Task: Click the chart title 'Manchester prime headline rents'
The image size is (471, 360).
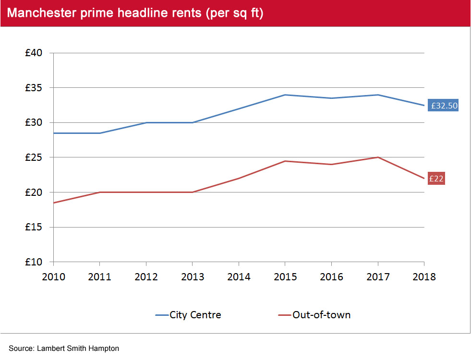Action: point(135,13)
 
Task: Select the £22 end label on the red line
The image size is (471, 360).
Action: point(436,179)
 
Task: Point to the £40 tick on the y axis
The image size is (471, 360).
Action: point(35,53)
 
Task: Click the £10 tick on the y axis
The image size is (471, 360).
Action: point(35,262)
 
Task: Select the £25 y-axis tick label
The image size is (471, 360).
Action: point(35,157)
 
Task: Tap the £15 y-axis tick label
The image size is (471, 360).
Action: point(35,227)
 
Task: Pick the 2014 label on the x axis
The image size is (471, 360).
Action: point(239,277)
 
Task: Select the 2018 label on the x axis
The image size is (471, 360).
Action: point(424,277)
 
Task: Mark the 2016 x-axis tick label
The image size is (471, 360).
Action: point(331,277)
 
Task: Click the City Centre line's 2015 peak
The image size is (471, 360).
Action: point(285,95)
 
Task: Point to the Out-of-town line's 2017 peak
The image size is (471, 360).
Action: point(378,157)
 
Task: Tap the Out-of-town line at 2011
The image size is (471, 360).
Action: point(99,192)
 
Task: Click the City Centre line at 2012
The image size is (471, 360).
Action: point(146,122)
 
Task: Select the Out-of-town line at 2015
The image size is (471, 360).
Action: point(285,161)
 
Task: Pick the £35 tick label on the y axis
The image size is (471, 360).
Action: point(35,88)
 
